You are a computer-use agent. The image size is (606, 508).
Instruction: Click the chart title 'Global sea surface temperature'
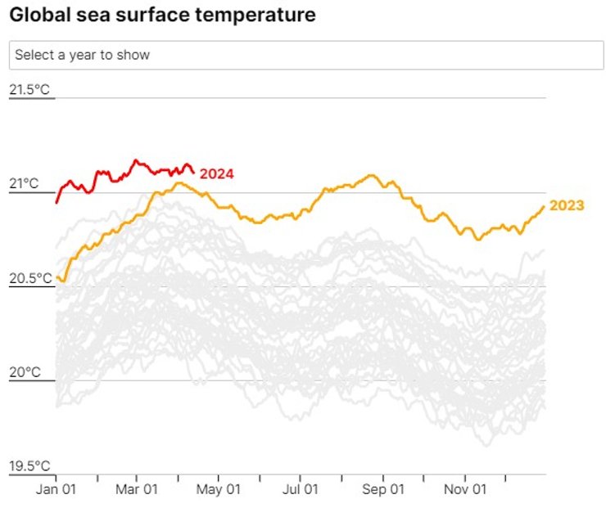click(x=162, y=16)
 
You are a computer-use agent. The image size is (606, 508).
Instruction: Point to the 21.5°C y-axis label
click(x=30, y=89)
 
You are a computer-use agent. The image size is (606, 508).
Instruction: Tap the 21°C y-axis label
click(x=24, y=184)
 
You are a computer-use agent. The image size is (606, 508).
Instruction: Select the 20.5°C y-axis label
click(x=30, y=278)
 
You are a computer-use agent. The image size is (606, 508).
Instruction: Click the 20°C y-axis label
click(x=24, y=372)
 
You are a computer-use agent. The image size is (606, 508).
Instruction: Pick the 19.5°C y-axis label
click(x=30, y=466)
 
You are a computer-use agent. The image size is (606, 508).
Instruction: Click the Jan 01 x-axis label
click(x=57, y=489)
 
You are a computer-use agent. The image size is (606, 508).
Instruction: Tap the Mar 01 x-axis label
click(x=137, y=489)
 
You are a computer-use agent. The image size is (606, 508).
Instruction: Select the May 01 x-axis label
click(x=220, y=489)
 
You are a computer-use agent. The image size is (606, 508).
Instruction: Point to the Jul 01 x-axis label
click(x=300, y=489)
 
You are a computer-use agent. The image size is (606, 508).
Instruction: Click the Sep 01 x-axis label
click(x=383, y=489)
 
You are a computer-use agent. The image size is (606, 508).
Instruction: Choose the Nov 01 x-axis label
click(x=465, y=489)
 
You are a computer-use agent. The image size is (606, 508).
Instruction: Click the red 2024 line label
click(x=217, y=173)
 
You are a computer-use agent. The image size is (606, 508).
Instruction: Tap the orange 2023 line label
click(x=567, y=205)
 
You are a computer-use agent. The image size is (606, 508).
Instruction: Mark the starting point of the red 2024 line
click(x=57, y=202)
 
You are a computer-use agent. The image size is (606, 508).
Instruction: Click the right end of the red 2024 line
click(x=193, y=171)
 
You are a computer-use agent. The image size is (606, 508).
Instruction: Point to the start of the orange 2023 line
click(x=57, y=279)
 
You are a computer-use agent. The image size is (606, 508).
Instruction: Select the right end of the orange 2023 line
click(x=544, y=206)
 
